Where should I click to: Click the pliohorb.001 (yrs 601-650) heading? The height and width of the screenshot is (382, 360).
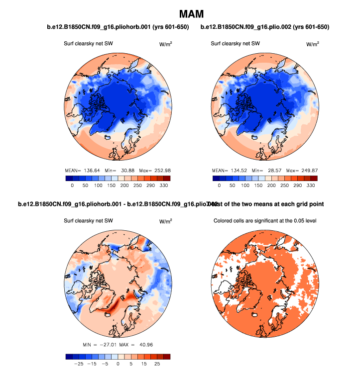[x=118, y=26]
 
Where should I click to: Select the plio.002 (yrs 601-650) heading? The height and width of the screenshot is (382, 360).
[x=265, y=26]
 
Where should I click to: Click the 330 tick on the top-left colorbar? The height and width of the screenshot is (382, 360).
[x=165, y=185]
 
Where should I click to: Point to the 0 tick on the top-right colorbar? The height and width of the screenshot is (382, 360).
[x=219, y=185]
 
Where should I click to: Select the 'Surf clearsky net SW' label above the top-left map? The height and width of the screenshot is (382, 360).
[x=88, y=43]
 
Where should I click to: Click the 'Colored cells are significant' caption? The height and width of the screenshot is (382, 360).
[x=265, y=220]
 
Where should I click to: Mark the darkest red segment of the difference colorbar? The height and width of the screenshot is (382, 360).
[x=166, y=356]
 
